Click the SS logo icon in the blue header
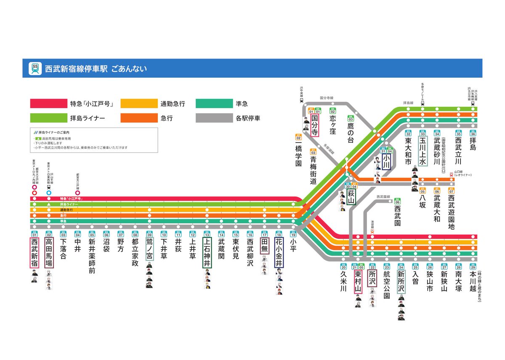[x=35, y=69]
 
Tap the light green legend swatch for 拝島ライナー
[x=48, y=118]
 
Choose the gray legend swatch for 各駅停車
[x=214, y=118]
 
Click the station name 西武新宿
[x=35, y=253]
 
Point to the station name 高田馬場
[x=49, y=253]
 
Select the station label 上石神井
[x=207, y=253]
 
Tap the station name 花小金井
[x=279, y=253]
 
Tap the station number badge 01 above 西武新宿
[x=35, y=234]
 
